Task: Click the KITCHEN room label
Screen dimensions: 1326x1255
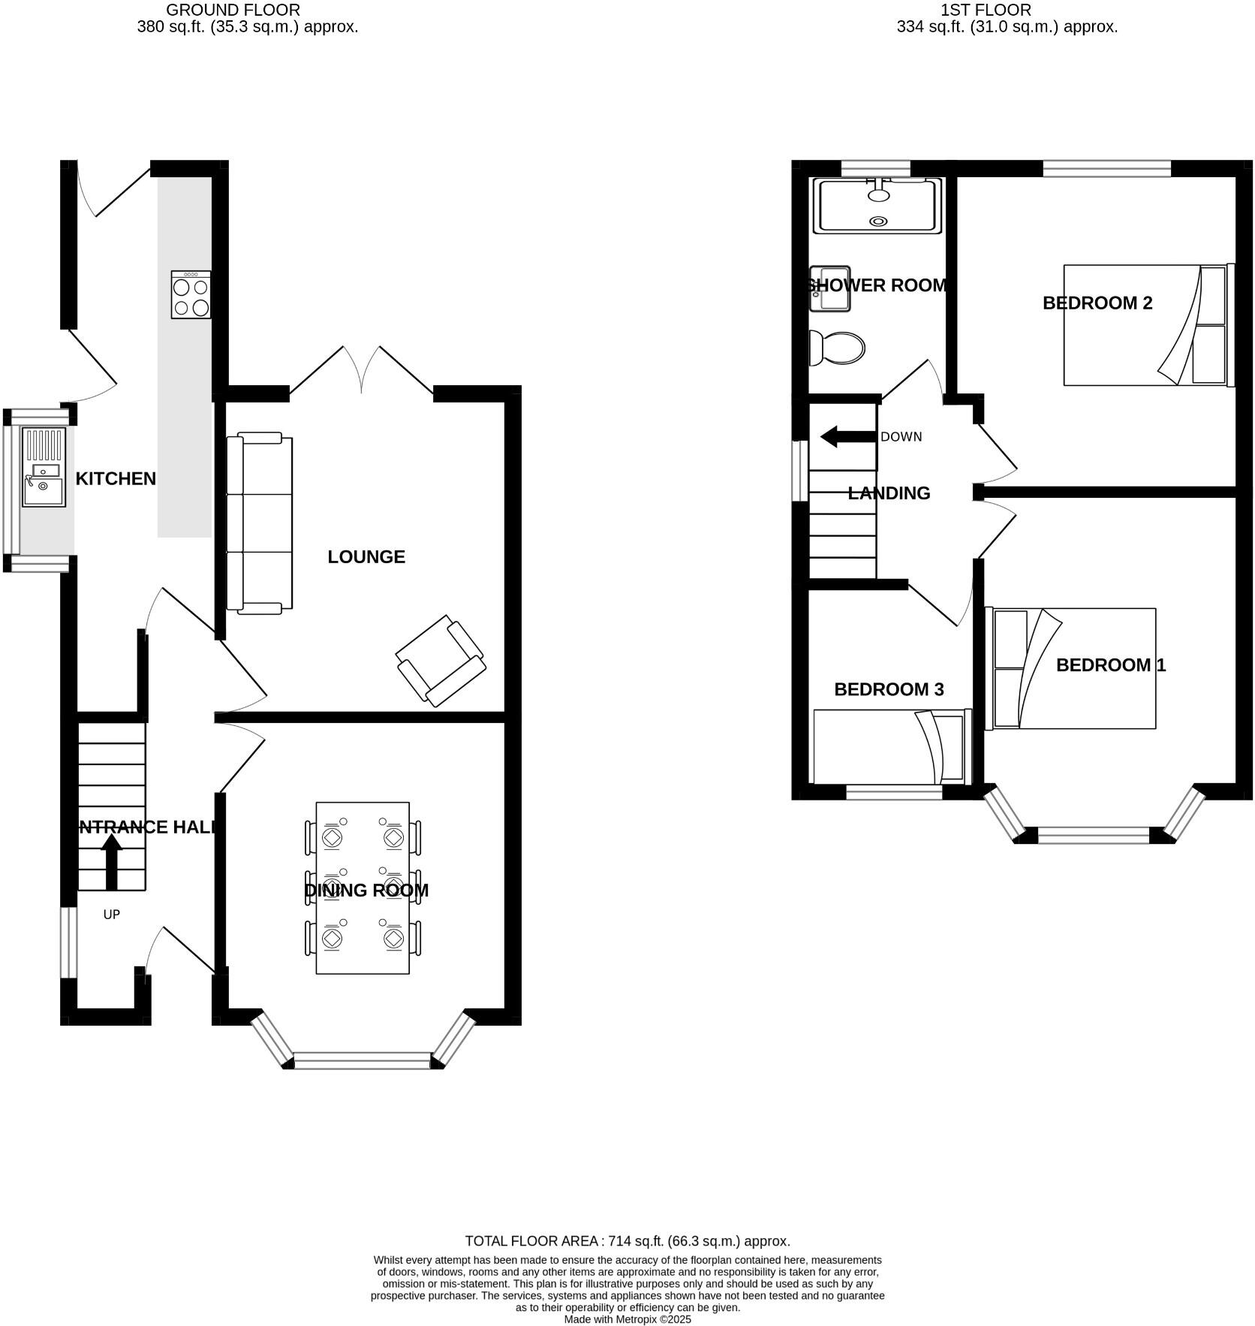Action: click(x=116, y=478)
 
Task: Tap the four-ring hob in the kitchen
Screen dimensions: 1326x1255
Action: click(x=191, y=294)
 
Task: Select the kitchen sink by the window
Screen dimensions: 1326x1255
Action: click(x=44, y=467)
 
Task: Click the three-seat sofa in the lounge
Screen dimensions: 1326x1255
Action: click(x=260, y=523)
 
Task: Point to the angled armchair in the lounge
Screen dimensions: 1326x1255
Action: click(x=441, y=661)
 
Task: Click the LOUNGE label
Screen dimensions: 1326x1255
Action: click(x=366, y=556)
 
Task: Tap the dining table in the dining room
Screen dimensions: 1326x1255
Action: click(x=363, y=888)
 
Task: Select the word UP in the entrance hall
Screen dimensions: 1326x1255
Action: click(x=111, y=914)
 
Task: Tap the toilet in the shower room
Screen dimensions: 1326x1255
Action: click(x=837, y=348)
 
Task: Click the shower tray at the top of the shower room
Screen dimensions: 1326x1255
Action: click(x=877, y=205)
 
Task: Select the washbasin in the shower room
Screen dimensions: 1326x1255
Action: click(x=829, y=288)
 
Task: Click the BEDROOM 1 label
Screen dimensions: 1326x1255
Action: click(x=1110, y=665)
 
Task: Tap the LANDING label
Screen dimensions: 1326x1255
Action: click(x=889, y=493)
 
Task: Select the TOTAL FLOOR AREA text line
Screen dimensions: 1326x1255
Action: click(x=627, y=1241)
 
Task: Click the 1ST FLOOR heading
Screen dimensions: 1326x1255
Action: click(x=986, y=10)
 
